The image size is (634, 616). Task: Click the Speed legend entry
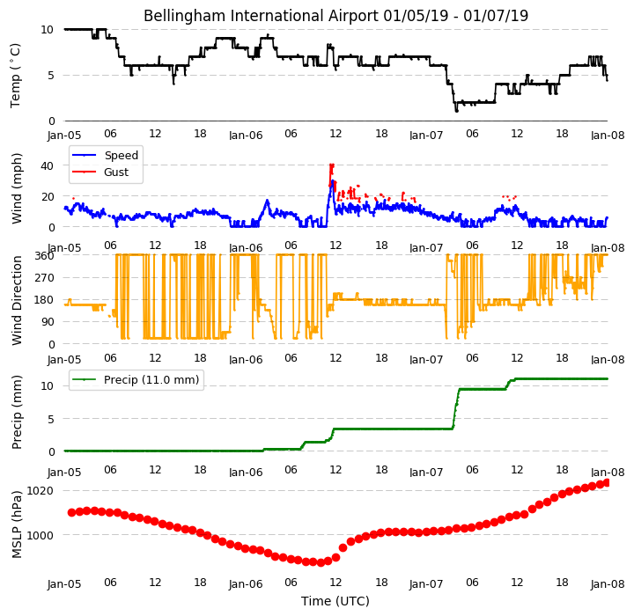105,155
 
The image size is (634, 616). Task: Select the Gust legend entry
100,172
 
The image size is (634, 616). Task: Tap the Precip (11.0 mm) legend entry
136,380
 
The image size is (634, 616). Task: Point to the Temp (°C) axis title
15,76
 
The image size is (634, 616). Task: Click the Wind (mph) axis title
17,188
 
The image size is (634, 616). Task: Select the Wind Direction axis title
17,300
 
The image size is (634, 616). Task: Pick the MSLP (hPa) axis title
17,524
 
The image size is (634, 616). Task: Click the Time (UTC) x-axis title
335,601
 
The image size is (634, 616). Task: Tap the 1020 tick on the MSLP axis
40,491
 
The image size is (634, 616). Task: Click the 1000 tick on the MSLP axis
40,535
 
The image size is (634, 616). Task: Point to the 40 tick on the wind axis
47,165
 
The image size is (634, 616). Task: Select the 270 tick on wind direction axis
45,278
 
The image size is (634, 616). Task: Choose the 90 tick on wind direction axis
48,322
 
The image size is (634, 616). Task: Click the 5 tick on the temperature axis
50,76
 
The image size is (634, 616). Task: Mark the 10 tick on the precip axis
47,386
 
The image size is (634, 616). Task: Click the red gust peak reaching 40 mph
332,165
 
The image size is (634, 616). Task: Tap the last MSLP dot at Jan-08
606,483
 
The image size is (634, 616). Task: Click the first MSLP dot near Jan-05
71,512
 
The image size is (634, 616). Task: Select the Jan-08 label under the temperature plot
608,135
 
